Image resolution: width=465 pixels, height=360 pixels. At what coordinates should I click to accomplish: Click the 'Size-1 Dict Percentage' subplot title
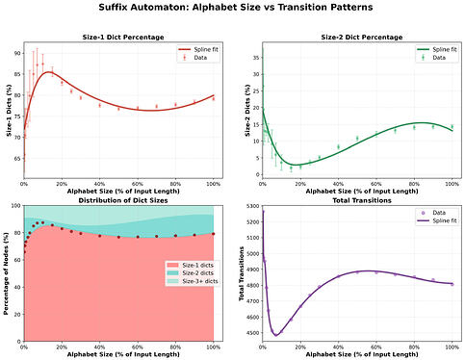tap(119, 38)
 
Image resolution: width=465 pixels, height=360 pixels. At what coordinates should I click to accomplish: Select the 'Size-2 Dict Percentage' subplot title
tap(356, 38)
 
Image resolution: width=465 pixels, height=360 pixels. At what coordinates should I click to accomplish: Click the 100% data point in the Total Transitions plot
tap(452, 284)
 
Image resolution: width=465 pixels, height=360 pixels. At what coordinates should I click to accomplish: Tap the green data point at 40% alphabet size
tap(338, 146)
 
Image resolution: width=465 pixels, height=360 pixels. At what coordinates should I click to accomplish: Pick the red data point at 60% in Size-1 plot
tap(138, 108)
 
